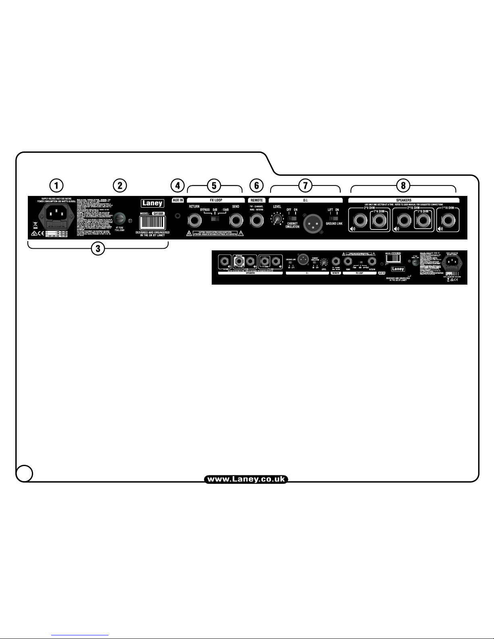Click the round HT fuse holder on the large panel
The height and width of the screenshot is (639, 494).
coord(119,219)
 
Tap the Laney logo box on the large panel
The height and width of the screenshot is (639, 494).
coord(152,203)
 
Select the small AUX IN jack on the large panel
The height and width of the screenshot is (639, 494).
coord(177,217)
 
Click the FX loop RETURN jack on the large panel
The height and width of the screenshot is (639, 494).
coord(194,221)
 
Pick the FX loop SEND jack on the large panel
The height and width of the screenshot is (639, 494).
coord(236,221)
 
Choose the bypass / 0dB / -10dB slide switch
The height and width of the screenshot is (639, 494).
coord(215,219)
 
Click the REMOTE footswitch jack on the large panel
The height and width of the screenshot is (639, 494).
coord(256,221)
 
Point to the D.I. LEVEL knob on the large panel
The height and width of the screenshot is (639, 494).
coord(277,219)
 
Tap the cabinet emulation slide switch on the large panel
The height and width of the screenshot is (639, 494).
coord(292,219)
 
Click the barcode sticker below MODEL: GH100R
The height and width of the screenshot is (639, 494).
coord(152,223)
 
